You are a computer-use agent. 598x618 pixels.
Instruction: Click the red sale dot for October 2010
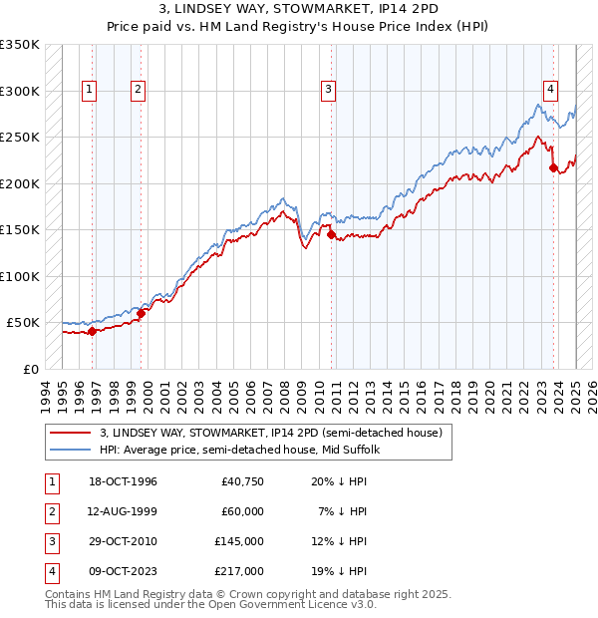tap(332, 235)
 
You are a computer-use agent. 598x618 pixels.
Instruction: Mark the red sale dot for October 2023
tap(554, 168)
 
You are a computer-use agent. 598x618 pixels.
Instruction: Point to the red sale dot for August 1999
tap(142, 313)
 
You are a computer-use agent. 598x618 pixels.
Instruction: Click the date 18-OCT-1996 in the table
tap(124, 481)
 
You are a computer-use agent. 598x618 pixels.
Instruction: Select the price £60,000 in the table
tap(241, 511)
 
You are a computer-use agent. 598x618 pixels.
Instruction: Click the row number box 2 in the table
tap(51, 511)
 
